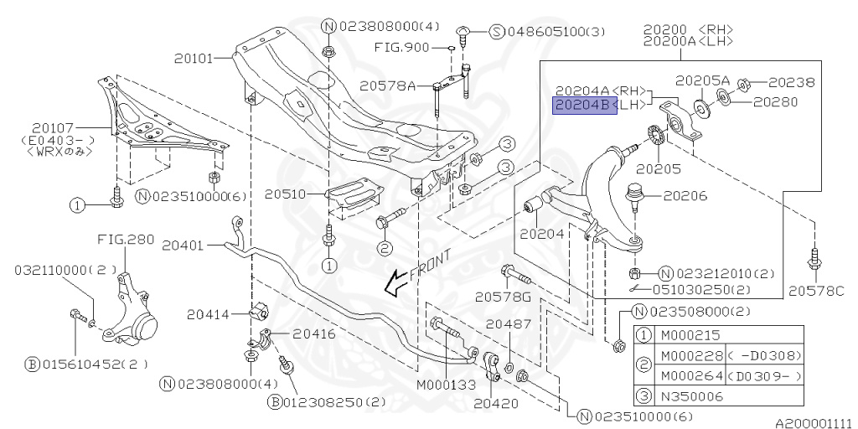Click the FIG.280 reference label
click(x=125, y=239)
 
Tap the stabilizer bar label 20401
click(x=182, y=246)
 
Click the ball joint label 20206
click(x=685, y=196)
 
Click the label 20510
click(x=285, y=194)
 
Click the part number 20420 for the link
click(x=491, y=403)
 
